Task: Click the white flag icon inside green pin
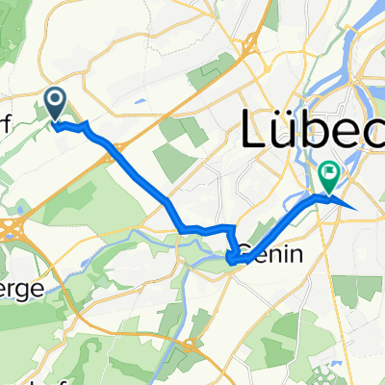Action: pos(329,172)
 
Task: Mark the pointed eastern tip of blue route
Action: pos(357,208)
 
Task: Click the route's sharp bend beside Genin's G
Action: pos(232,258)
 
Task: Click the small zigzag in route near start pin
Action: pos(73,126)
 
